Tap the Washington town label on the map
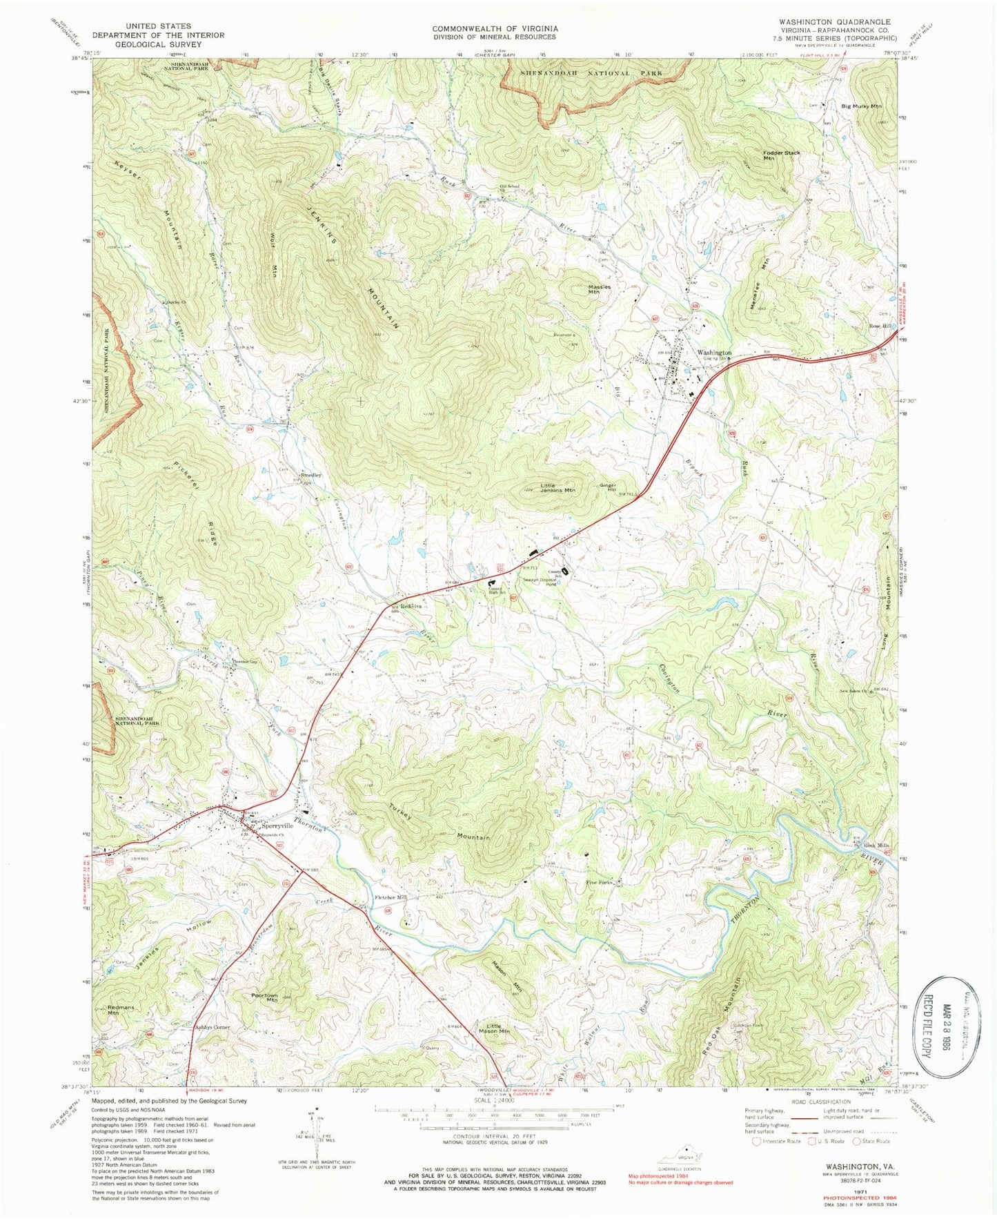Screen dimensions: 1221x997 (x=713, y=353)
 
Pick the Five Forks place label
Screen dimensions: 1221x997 (x=600, y=882)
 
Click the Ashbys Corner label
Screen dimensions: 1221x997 (x=212, y=1028)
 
